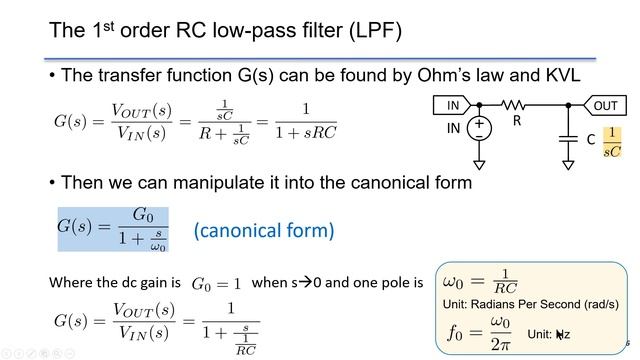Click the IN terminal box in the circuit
[453, 105]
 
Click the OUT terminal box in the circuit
[605, 105]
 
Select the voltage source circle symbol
[479, 129]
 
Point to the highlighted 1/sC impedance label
[613, 142]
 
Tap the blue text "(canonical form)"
[262, 230]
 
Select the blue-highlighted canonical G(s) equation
[111, 229]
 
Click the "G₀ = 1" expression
[217, 284]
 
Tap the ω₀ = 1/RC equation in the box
[480, 281]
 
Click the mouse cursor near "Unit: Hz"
[561, 335]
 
